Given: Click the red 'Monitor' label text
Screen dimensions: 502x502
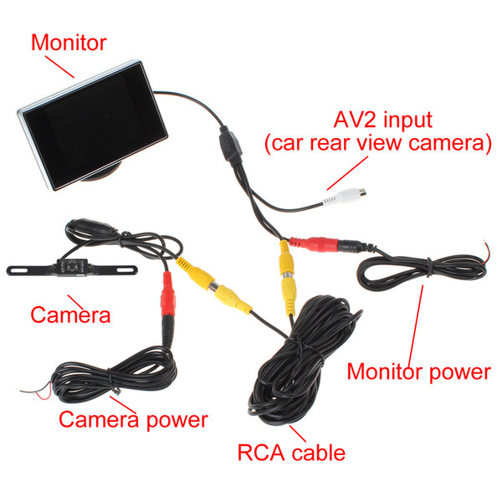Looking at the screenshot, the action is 69,43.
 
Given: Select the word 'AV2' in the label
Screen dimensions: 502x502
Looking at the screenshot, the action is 356,120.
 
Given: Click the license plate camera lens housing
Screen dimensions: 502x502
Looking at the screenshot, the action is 73,267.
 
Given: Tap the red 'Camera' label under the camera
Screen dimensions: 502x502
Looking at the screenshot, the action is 70,315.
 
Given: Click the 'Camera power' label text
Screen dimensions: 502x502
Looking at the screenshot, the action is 134,420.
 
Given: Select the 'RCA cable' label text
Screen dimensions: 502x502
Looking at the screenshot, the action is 291,453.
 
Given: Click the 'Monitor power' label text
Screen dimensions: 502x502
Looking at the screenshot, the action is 419,372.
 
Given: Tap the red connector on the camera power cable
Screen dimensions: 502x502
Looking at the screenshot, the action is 168,295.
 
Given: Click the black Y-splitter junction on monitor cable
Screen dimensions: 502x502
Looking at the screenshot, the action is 230,145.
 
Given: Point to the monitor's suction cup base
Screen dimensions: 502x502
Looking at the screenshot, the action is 102,172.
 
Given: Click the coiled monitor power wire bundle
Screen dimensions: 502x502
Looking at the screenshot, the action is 422,272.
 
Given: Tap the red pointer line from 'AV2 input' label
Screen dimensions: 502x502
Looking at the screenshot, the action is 347,173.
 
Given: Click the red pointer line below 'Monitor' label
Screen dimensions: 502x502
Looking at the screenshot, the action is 59,67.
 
